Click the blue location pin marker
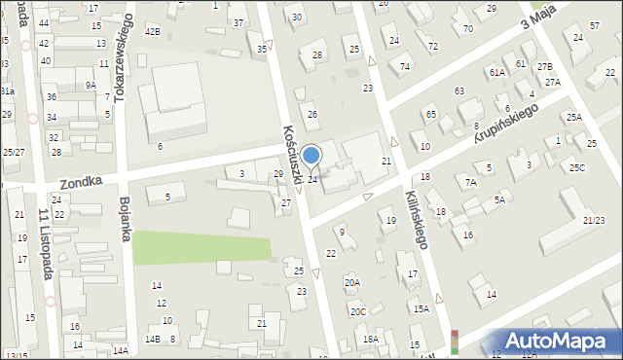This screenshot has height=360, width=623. coord(311,156)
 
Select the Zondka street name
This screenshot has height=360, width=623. coord(81,182)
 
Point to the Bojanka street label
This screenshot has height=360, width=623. coord(125,221)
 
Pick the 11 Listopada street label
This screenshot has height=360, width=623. coord(44,243)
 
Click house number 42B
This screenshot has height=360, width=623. coord(152,31)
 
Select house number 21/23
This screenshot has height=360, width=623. coord(593,221)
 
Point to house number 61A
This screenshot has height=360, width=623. coord(496,72)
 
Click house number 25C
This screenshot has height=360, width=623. coord(578,168)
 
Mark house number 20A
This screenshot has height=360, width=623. coord(352,282)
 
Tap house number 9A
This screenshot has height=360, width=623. coord(90,85)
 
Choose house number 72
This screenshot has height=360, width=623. coord(432,47)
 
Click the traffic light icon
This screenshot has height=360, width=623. coord(454,341)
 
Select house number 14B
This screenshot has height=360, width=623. coord(152,339)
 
